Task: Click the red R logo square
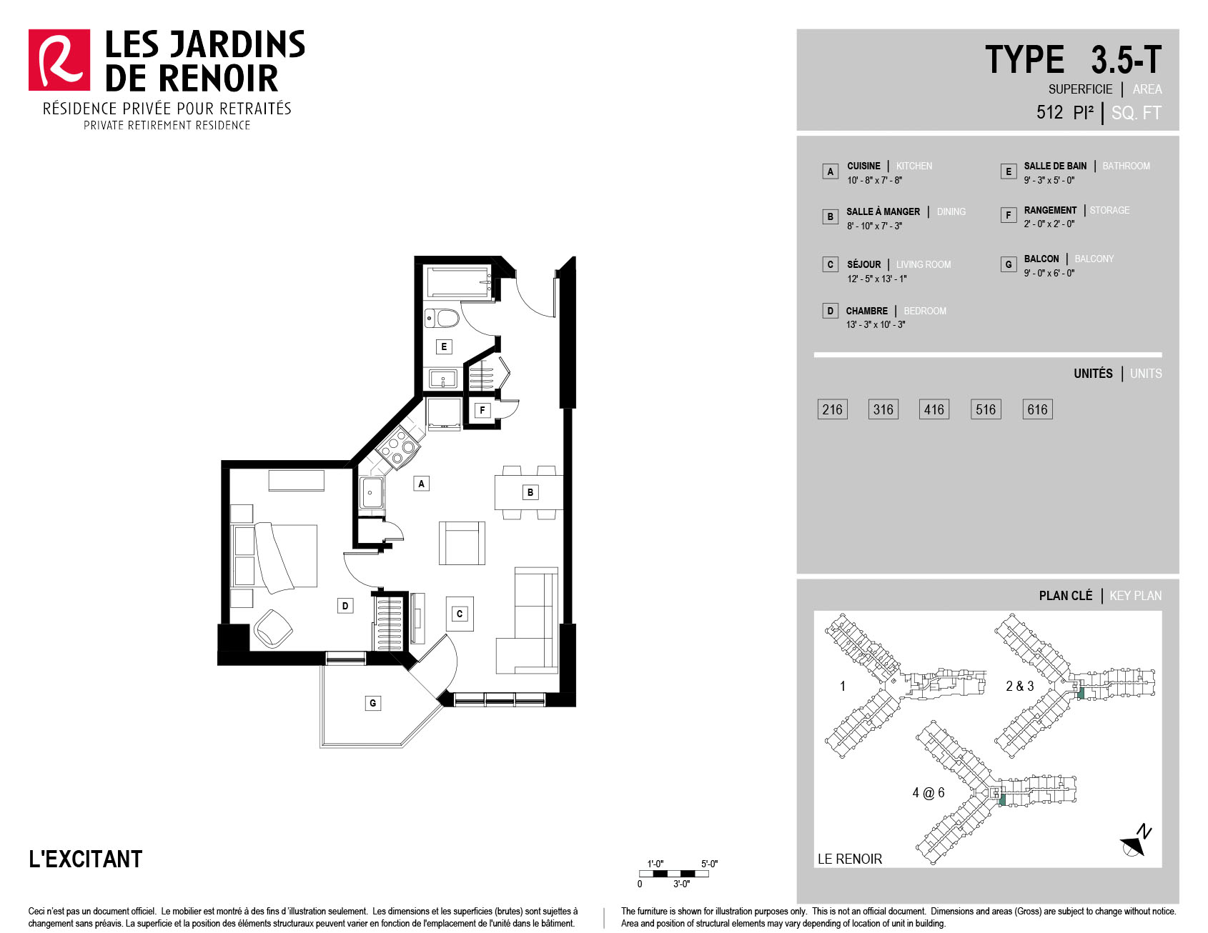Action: (x=59, y=60)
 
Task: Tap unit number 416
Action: (x=934, y=409)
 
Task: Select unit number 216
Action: (x=832, y=409)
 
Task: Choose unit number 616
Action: (x=1037, y=409)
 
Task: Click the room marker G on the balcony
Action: (x=372, y=703)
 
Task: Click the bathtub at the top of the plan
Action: (x=459, y=281)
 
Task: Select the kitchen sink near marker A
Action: (x=372, y=492)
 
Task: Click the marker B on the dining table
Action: (x=530, y=492)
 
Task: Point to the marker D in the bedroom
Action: (x=345, y=606)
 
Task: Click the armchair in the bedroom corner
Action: (x=272, y=628)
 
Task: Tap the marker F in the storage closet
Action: (x=482, y=410)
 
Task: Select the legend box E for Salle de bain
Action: (x=1009, y=171)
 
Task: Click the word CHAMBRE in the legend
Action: (x=867, y=311)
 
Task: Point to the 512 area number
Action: (x=1049, y=112)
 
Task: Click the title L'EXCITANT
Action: (x=86, y=859)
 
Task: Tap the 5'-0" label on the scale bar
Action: (x=709, y=864)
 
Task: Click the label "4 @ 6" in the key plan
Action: (x=929, y=793)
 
